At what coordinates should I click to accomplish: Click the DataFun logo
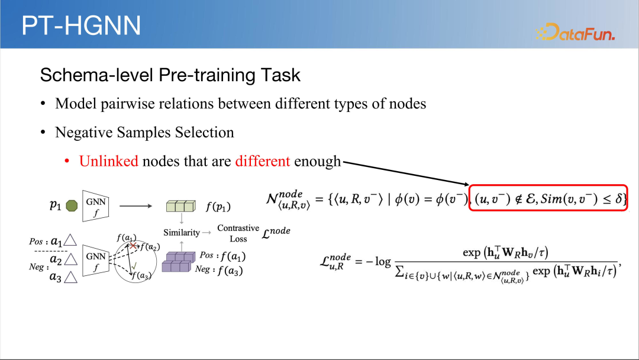[x=575, y=32]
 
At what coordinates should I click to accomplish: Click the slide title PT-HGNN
[x=81, y=25]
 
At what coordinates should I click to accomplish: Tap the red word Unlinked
[x=108, y=161]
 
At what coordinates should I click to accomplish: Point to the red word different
[x=263, y=161]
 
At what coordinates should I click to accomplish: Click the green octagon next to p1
[x=72, y=206]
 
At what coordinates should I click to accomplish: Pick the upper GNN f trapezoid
[x=96, y=206]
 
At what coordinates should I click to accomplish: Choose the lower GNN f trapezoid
[x=96, y=261]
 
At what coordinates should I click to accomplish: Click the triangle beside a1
[x=70, y=240]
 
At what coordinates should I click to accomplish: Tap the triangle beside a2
[x=71, y=259]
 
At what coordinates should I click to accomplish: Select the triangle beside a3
[x=71, y=278]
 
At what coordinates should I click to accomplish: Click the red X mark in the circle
[x=133, y=246]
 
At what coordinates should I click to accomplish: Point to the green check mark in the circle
[x=134, y=266]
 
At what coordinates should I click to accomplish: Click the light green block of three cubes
[x=181, y=206]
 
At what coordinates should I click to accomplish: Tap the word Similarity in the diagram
[x=182, y=232]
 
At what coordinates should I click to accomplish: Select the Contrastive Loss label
[x=238, y=233]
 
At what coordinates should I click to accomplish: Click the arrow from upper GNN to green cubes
[x=135, y=206]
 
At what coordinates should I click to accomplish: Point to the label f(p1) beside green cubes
[x=218, y=207]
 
